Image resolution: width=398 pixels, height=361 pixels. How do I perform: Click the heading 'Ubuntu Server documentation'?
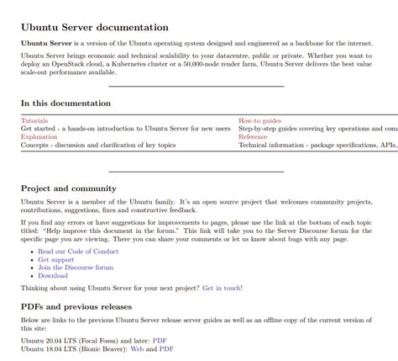click(95, 27)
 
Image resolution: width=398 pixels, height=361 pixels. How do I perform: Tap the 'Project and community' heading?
click(69, 188)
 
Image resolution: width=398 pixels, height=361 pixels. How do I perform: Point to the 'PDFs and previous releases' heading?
click(76, 307)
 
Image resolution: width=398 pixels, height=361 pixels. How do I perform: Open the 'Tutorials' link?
click(34, 120)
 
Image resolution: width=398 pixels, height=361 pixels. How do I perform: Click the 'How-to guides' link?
click(259, 120)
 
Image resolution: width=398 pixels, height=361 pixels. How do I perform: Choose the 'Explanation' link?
click(39, 136)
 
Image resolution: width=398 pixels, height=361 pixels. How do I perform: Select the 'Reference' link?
click(253, 136)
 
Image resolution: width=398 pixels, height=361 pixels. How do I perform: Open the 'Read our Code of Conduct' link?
click(78, 251)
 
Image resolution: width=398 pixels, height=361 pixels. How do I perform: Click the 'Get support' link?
click(57, 259)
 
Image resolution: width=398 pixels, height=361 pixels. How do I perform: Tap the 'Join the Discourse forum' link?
click(76, 268)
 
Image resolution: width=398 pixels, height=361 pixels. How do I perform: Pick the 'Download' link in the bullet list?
click(53, 276)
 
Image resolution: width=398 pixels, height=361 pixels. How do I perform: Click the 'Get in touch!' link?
click(223, 288)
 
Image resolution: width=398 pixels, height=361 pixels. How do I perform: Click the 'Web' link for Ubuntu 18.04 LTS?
click(138, 348)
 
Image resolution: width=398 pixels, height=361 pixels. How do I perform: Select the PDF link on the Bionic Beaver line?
click(166, 348)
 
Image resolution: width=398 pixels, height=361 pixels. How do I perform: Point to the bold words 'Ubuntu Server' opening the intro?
click(46, 43)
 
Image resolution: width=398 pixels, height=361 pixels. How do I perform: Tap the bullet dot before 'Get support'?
click(31, 260)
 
